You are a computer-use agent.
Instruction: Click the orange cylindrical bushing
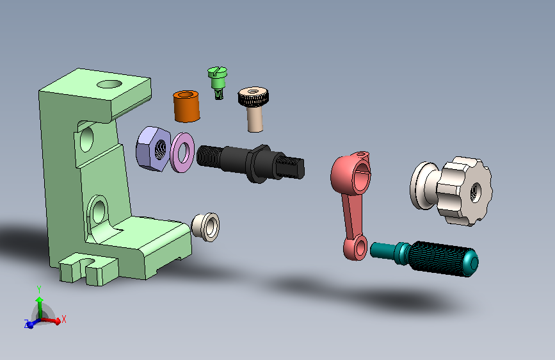187,106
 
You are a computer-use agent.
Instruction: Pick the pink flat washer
184,152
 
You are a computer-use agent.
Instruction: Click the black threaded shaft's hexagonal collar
258,163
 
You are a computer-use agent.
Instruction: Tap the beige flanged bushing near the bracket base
206,226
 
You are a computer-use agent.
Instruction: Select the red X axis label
64,318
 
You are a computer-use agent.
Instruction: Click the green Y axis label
39,288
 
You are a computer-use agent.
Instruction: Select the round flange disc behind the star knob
422,185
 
